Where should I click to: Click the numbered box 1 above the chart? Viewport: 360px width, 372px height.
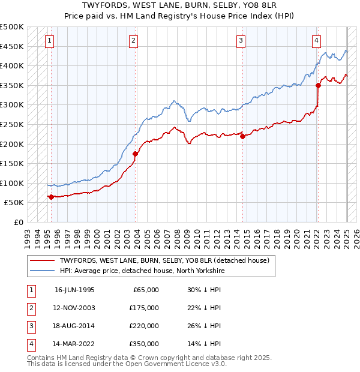49,41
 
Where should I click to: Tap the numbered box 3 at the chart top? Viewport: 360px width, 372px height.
241,41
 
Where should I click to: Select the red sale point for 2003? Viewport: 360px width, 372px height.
136,154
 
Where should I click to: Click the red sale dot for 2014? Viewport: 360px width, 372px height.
243,136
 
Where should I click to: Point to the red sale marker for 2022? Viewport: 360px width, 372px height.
318,85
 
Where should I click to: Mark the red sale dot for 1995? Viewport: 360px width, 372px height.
51,197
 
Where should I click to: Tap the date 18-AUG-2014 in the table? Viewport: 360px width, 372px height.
74,326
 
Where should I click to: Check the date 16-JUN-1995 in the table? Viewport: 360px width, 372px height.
74,290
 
